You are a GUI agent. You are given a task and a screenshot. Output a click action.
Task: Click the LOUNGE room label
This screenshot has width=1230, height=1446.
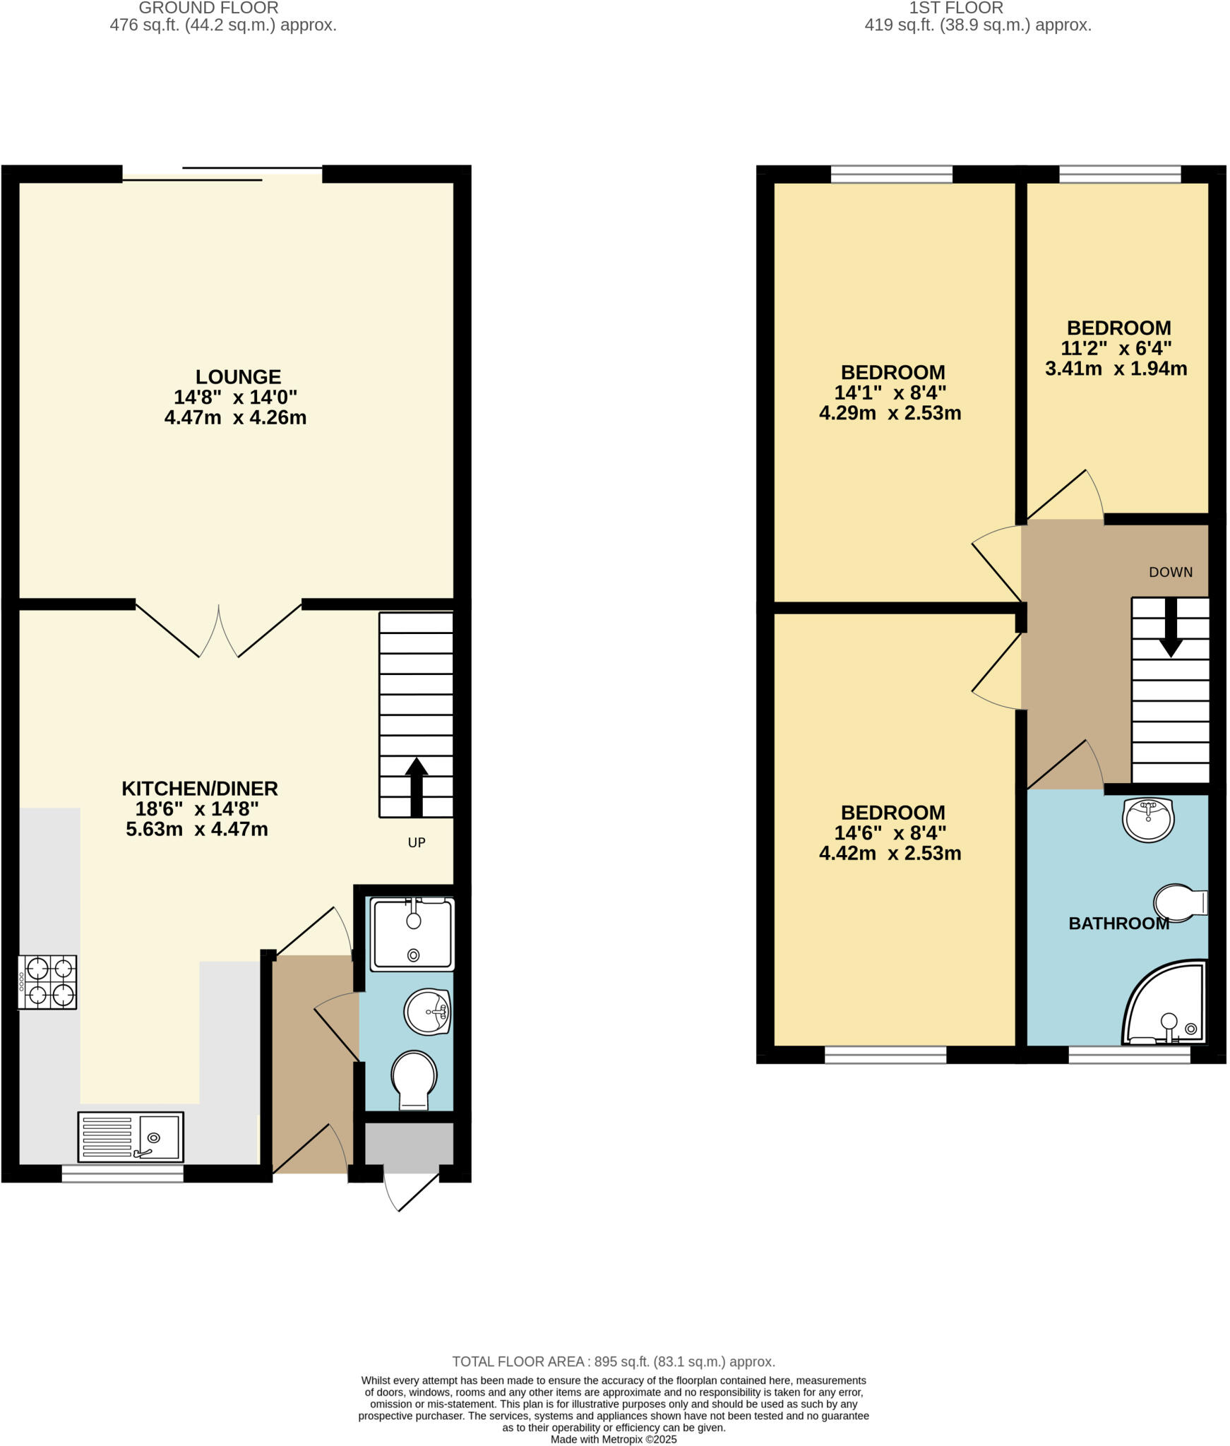[x=238, y=377]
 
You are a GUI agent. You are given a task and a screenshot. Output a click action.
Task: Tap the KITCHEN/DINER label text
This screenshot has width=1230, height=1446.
[x=200, y=788]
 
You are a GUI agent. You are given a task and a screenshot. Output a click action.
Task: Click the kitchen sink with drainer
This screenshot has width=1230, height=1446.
[x=131, y=1137]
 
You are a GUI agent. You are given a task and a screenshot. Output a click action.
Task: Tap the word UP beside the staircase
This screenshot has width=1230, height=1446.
[x=417, y=842]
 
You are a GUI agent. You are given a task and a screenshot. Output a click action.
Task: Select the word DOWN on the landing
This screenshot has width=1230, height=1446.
[x=1171, y=573]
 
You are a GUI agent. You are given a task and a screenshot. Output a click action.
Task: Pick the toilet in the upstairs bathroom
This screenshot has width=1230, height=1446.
[x=1179, y=903]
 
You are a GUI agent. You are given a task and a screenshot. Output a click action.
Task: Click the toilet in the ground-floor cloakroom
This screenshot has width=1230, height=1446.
[x=414, y=1080]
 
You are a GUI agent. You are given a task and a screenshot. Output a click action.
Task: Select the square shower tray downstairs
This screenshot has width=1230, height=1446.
[x=413, y=934]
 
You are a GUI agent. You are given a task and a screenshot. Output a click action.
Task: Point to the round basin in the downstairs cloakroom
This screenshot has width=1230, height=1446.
[x=427, y=1012]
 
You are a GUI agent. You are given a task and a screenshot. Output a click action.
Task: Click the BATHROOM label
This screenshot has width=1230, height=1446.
[x=1118, y=924]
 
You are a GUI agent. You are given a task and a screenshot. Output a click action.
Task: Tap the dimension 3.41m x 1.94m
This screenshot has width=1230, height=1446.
[x=1116, y=369]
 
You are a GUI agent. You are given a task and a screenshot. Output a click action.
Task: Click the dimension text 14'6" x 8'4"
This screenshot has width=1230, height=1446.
[x=893, y=833]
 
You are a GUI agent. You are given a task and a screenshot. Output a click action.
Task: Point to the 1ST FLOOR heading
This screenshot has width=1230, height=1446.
[x=956, y=8]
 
